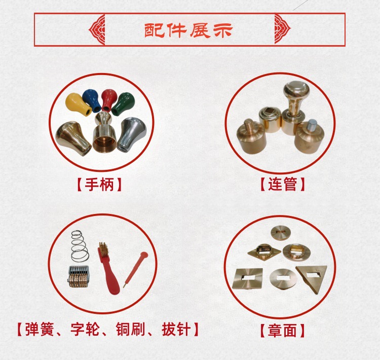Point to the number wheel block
78,276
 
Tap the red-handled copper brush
108,268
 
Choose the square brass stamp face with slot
247,279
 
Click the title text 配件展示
188,30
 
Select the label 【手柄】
99,185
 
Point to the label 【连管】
283,184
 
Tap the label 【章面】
282,331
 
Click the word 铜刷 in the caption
130,329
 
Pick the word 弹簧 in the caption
39,329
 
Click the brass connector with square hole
270,120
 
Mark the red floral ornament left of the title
97,30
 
